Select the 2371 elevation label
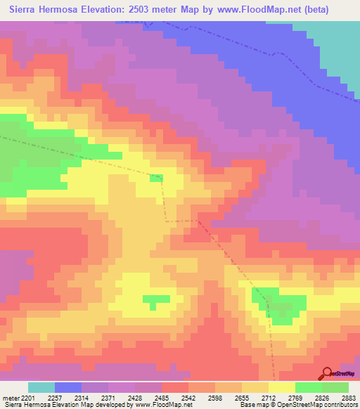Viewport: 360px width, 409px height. point(109,398)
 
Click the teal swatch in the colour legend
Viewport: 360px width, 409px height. point(41,387)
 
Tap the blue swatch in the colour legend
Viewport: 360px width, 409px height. point(68,387)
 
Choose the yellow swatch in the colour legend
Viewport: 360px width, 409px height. point(281,387)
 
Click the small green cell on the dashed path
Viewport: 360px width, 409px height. point(156,178)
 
